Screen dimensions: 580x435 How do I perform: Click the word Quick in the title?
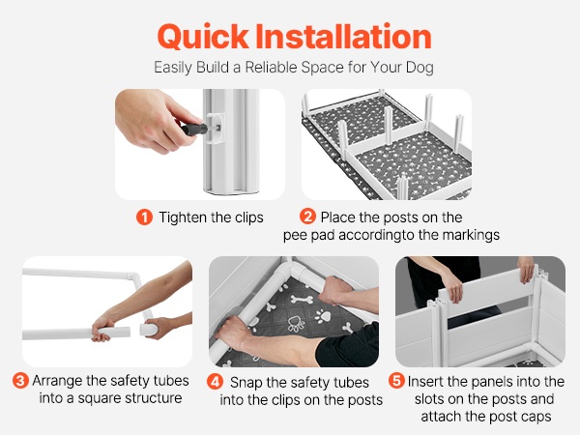click(203, 37)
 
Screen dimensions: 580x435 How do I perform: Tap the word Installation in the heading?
click(343, 36)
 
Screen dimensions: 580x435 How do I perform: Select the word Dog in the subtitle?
click(420, 68)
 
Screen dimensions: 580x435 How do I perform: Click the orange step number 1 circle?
click(144, 217)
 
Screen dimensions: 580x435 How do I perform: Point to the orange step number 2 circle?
click(307, 217)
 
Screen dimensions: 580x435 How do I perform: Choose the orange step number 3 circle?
click(20, 381)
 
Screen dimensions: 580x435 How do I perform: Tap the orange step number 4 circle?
click(215, 382)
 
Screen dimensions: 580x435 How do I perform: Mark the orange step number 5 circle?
click(396, 381)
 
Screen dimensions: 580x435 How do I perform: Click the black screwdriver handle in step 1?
click(194, 130)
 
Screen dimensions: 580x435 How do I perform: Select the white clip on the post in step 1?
click(215, 129)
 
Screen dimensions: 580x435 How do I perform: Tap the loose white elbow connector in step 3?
click(149, 329)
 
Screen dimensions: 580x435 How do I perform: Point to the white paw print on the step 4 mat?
click(323, 315)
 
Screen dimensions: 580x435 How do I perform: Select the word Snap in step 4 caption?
click(246, 383)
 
